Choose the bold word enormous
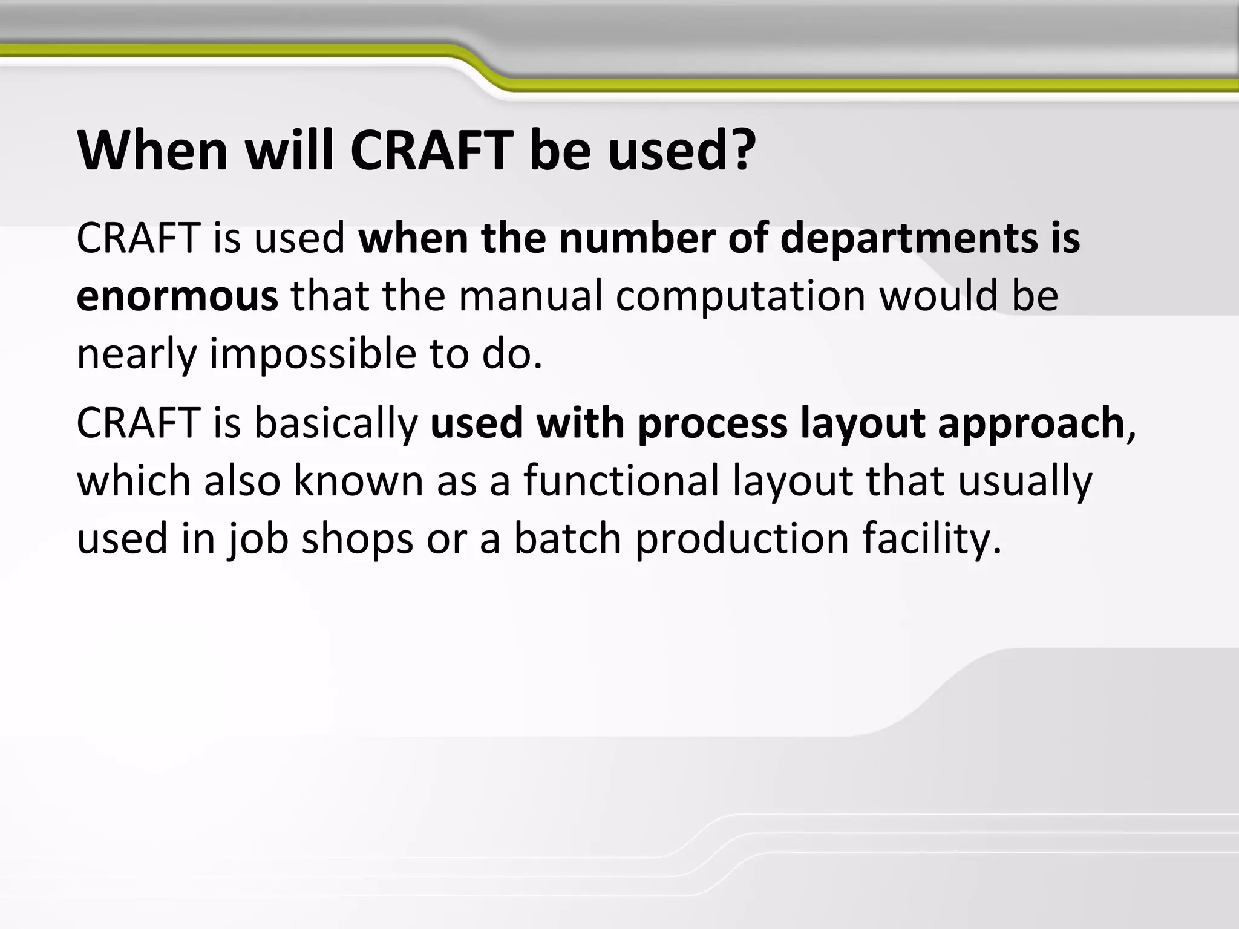(177, 296)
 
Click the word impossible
(313, 355)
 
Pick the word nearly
(136, 355)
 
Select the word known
(359, 481)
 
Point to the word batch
(567, 538)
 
